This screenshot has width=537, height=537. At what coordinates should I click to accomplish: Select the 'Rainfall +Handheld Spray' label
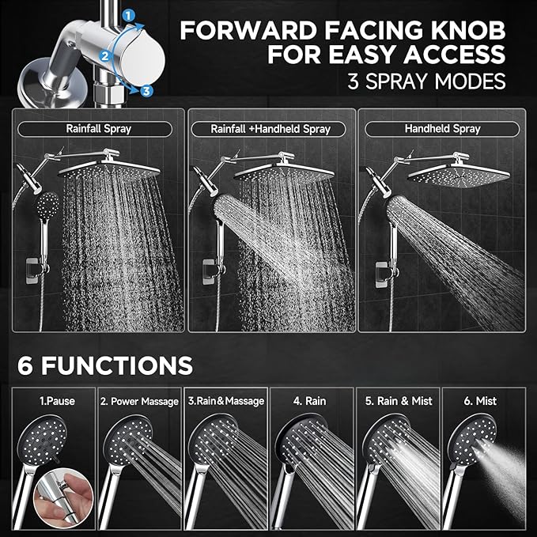270,128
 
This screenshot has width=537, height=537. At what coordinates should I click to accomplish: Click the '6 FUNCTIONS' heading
105,365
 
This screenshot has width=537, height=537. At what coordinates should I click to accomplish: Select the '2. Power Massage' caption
139,401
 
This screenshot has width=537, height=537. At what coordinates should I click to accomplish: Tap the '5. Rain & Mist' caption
399,401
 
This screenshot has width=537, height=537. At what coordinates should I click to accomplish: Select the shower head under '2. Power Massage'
127,443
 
